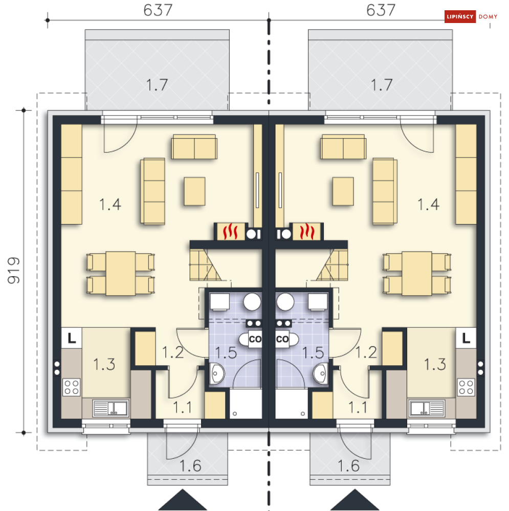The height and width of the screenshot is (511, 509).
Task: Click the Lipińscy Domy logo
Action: click(471, 16)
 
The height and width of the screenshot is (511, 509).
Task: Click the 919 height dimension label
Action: click(14, 271)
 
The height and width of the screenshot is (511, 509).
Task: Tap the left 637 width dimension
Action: click(158, 10)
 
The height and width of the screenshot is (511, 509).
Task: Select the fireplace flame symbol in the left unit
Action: click(230, 231)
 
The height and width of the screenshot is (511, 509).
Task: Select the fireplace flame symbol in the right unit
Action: click(307, 231)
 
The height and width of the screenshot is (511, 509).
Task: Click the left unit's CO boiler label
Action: click(255, 339)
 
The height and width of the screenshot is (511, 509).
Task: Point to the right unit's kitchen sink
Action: click(427, 408)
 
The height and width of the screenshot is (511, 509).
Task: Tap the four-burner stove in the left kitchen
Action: click(72, 387)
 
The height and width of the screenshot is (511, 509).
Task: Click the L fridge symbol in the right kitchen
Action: click(466, 338)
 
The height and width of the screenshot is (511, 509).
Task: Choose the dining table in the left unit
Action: click(121, 274)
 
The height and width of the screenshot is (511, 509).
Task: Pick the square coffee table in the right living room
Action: click(343, 191)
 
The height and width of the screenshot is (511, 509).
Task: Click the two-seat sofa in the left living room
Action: click(194, 147)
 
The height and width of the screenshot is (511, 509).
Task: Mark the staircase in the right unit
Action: click(332, 265)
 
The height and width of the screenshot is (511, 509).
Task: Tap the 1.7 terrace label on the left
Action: click(157, 85)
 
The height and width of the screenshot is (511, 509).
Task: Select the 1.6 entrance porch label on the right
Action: click(348, 465)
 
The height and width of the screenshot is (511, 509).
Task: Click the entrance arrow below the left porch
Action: click(183, 500)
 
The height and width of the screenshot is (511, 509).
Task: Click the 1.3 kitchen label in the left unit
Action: click(104, 364)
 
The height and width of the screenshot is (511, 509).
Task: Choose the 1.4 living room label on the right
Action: click(428, 204)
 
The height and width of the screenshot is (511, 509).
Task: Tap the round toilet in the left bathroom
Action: click(252, 301)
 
